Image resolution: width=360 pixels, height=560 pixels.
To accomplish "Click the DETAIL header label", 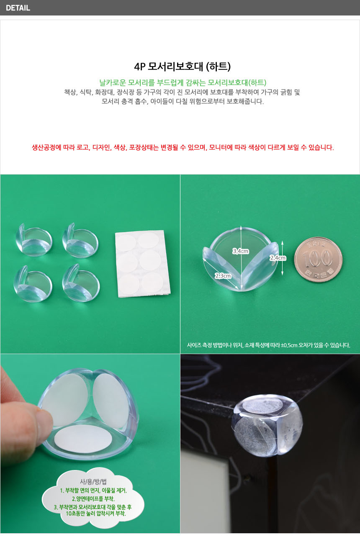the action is pos(18,8).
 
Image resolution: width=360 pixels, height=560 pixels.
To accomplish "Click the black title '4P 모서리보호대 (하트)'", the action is pos(182,67).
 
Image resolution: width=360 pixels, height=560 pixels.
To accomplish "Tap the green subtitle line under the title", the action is pos(183,82).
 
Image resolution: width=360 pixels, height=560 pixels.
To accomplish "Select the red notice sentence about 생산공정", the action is pos(183,147).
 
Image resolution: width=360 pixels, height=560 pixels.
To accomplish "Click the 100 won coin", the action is pos(318,259).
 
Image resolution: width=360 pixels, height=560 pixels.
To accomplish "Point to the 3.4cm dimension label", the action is pos(241,251).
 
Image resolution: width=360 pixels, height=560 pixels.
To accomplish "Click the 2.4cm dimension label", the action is pos(278,258).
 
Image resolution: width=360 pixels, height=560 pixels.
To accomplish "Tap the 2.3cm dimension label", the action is pos(223,276).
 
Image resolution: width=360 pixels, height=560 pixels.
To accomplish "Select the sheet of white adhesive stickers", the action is pos(143,264).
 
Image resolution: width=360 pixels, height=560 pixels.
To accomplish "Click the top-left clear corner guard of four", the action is pos(34,240).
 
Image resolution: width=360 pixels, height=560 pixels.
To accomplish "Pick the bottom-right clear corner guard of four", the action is pos(81,283).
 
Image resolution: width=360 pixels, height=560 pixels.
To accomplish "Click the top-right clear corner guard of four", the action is pos(80,240).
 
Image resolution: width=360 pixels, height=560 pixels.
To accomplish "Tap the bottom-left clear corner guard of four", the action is pos(33,284).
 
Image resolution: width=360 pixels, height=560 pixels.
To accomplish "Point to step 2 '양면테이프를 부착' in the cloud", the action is pos(93,498).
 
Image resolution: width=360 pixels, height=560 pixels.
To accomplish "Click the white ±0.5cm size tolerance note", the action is pos(268,345).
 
